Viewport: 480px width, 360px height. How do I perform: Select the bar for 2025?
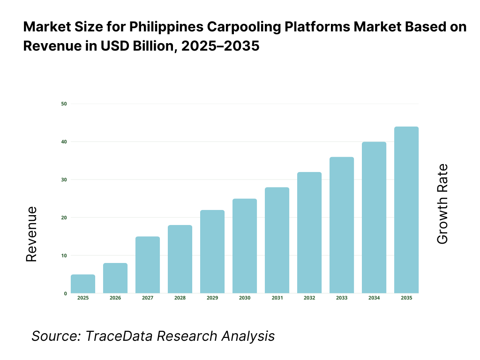pos(83,284)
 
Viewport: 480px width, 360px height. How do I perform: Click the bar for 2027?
pos(148,265)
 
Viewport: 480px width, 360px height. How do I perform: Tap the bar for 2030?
pos(245,246)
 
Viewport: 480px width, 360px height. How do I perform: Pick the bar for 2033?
pos(342,225)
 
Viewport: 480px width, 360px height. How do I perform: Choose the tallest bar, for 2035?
pos(406,210)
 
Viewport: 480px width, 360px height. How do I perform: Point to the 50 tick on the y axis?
pos(64,104)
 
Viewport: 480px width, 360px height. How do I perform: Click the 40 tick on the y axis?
pos(64,142)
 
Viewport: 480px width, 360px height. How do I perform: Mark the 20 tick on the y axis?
pos(64,217)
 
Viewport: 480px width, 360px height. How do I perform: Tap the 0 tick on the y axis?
pos(65,293)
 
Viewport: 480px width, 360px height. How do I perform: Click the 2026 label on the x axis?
pos(115,298)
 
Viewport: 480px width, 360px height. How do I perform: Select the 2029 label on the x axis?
pos(212,298)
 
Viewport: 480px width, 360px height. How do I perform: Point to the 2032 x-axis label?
pos(309,298)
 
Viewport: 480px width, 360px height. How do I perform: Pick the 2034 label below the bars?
pos(374,298)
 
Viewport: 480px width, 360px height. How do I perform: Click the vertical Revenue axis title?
pos(31,234)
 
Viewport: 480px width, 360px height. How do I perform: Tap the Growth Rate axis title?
pos(442,204)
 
